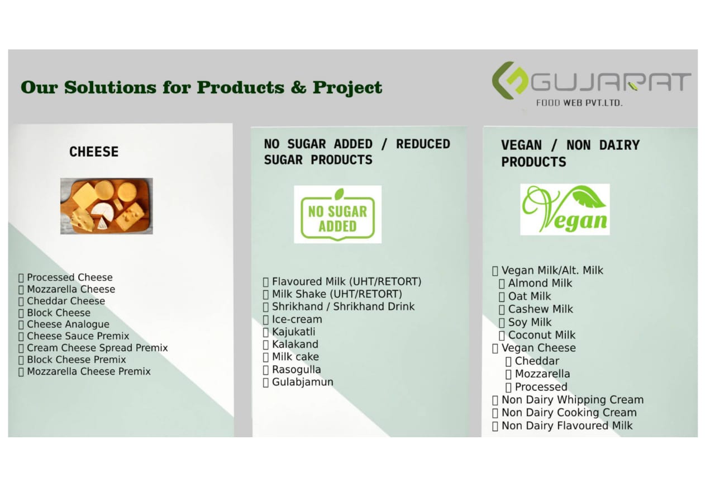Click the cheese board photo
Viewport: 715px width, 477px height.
click(107, 206)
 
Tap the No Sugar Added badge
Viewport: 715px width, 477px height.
click(338, 214)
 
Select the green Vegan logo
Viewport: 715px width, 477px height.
click(565, 209)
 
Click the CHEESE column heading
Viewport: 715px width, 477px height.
click(94, 152)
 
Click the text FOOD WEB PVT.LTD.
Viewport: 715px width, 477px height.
click(579, 103)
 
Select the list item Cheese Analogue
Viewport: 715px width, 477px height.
click(68, 324)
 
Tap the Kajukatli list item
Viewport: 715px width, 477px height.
click(294, 332)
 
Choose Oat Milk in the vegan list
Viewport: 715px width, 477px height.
click(530, 296)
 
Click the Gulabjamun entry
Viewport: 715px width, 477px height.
click(303, 382)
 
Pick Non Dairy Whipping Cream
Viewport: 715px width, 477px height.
click(573, 400)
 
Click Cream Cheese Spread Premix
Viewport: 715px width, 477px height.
click(97, 348)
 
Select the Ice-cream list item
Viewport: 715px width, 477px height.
click(297, 319)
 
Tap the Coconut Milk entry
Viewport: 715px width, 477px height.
click(542, 335)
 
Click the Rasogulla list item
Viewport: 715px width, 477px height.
click(297, 370)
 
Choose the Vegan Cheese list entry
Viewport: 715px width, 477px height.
click(539, 348)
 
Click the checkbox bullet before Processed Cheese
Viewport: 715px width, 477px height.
click(21, 277)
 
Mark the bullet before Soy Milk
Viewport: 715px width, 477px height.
click(502, 323)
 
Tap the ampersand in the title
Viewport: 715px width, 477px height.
click(298, 87)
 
